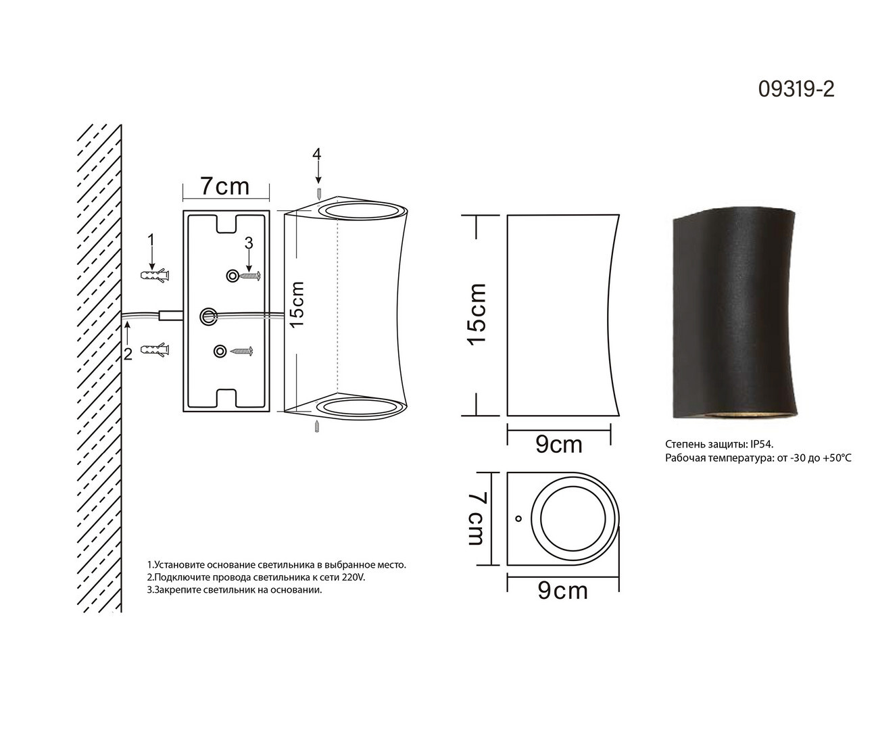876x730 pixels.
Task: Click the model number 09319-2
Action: (x=796, y=89)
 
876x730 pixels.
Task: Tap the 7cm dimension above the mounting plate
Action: (x=225, y=186)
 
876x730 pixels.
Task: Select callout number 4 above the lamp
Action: (x=317, y=154)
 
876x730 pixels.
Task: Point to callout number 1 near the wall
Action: (x=151, y=240)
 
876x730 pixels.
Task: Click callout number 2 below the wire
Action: (x=128, y=354)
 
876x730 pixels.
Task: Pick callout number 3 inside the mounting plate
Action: (x=249, y=243)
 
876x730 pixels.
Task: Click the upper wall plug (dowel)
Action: (x=154, y=275)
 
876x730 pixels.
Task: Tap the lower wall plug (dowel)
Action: (x=154, y=349)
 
